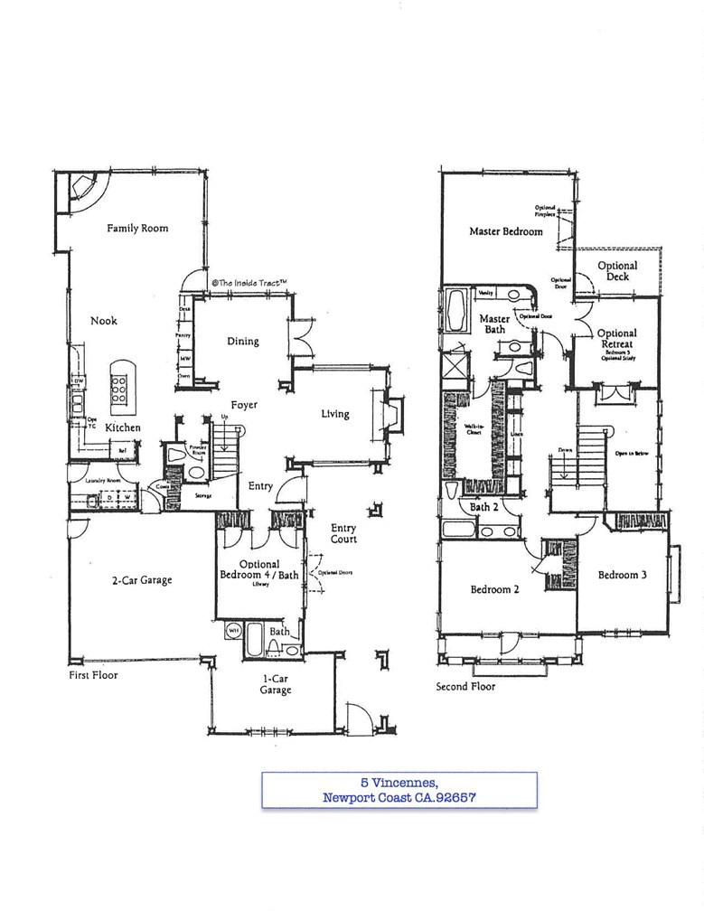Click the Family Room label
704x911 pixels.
pos(137,229)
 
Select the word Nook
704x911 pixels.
pos(103,321)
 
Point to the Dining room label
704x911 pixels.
pos(243,342)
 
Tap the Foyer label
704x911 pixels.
pos(243,406)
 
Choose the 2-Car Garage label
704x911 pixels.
pos(142,580)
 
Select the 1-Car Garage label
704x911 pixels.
pos(276,683)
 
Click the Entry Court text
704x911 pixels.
pos(343,533)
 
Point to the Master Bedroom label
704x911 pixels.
pos(506,231)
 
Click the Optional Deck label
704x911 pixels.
pos(617,271)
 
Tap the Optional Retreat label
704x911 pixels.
pos(617,339)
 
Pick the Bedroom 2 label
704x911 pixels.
pos(494,590)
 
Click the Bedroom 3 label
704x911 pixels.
pos(622,575)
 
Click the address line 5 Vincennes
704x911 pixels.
pos(399,783)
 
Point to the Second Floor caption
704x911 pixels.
pos(465,686)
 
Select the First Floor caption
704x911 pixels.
pos(93,674)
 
